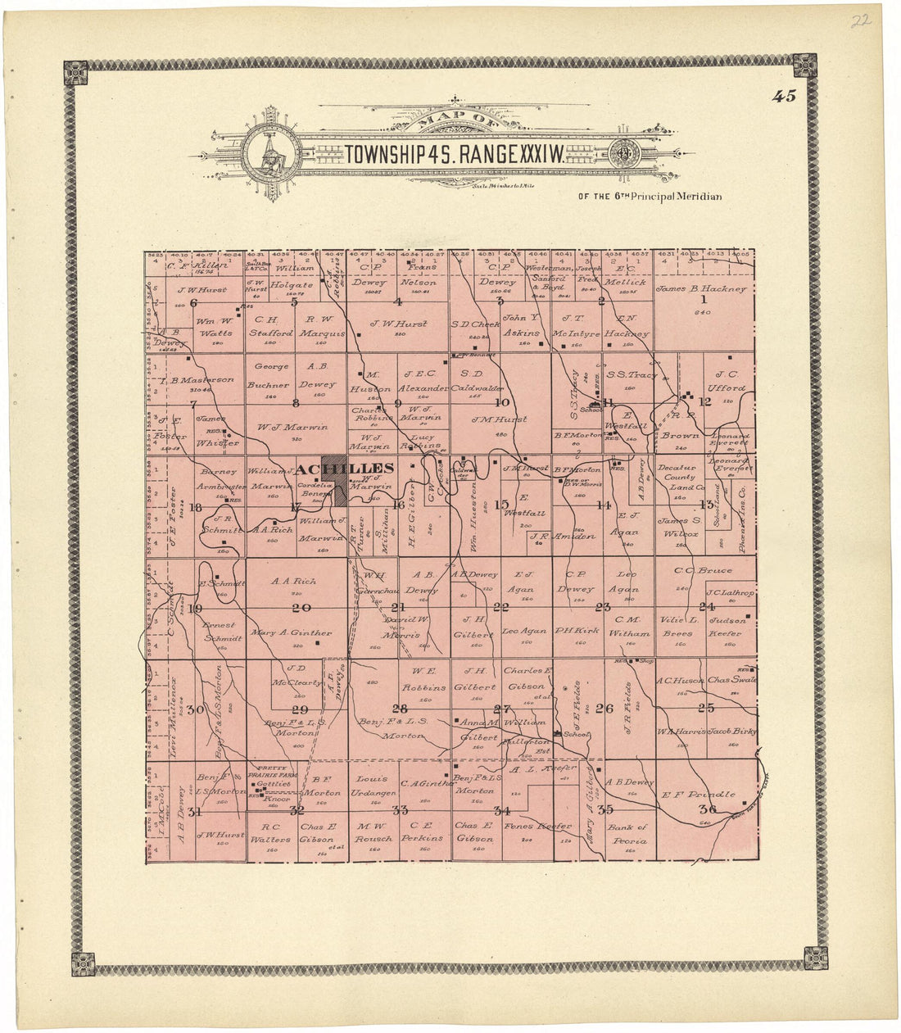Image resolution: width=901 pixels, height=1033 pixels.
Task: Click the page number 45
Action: point(783,96)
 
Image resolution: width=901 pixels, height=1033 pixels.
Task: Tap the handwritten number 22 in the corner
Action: point(859,21)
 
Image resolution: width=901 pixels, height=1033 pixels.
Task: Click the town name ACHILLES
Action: point(345,469)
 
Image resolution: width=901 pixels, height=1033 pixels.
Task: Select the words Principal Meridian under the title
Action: point(656,197)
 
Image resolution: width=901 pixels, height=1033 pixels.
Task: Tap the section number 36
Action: point(706,810)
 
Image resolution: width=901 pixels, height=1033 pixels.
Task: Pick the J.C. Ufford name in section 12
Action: point(727,382)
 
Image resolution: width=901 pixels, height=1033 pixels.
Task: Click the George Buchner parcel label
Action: point(271,376)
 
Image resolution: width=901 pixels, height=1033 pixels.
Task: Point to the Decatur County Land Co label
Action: point(679,478)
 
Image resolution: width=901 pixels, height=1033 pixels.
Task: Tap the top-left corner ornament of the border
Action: point(76,73)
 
